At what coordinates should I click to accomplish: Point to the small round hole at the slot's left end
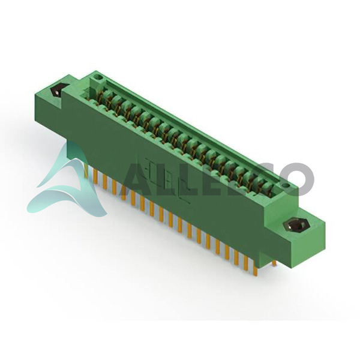[x=100, y=77]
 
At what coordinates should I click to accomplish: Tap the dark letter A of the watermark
[x=137, y=179]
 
